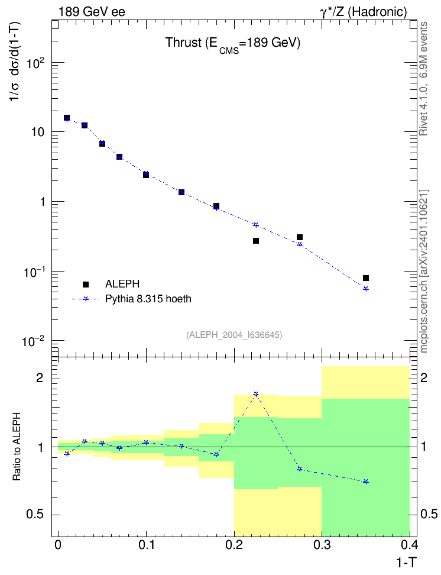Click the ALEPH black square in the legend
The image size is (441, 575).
[86, 284]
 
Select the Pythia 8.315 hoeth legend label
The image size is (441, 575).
[148, 299]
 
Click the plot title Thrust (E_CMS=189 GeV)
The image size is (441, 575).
[233, 44]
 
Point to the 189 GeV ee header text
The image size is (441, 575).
[92, 12]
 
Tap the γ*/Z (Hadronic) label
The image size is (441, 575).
[364, 12]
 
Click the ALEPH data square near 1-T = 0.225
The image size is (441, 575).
[256, 241]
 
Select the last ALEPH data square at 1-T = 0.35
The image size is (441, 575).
[366, 278]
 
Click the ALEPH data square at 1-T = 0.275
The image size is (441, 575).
[300, 237]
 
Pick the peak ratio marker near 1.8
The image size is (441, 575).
[256, 394]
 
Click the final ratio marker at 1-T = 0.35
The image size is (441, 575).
[366, 482]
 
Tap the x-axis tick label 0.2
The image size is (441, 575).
[234, 545]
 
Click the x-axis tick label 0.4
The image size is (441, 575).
[410, 545]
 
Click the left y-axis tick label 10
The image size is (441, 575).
[37, 132]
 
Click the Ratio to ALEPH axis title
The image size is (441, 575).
[17, 447]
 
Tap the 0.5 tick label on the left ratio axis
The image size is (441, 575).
[35, 515]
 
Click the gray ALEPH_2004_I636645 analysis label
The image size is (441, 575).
[234, 335]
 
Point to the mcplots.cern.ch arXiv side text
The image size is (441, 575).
[424, 272]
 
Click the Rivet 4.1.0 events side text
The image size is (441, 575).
[423, 79]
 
